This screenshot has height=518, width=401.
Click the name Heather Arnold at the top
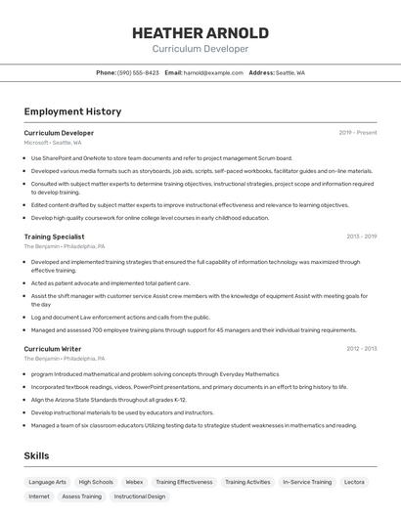200,32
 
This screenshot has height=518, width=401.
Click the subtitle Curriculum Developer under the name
200,49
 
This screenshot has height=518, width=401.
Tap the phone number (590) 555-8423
138,72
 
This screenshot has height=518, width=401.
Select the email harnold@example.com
213,72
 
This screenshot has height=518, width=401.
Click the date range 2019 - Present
357,132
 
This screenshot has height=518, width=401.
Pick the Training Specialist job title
54,237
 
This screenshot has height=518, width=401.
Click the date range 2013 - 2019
361,237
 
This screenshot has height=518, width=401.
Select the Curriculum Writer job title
52,348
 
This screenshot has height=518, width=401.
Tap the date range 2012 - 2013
361,348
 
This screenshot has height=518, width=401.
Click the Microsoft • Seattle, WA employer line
53,143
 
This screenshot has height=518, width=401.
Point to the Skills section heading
37,455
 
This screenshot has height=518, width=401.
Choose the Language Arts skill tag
48,482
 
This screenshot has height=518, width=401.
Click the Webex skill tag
134,482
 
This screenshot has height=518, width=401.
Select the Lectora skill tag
354,482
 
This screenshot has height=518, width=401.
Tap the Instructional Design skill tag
140,496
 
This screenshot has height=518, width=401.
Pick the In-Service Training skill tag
306,482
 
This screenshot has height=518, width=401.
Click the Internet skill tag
39,496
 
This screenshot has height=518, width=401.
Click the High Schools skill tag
96,482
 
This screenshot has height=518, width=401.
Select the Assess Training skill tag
81,496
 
